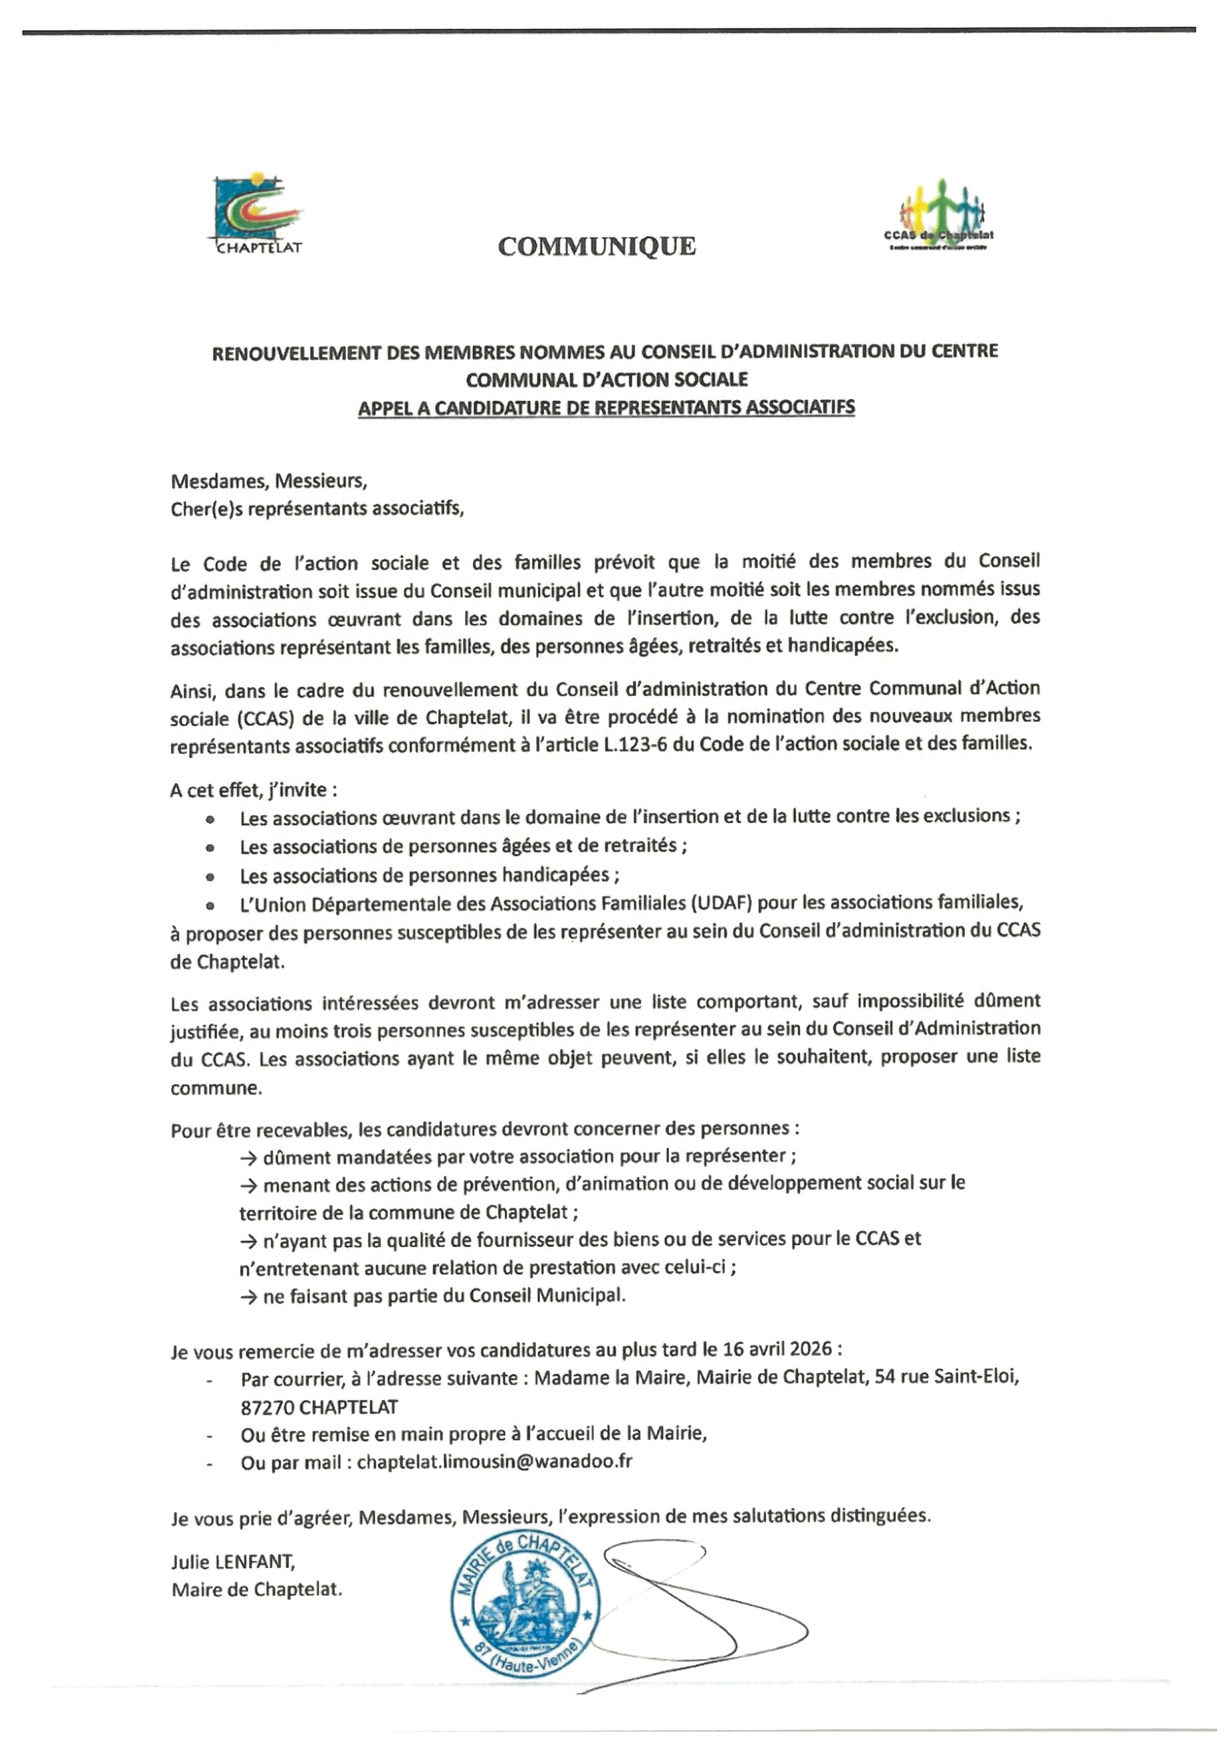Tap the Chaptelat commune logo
tap(257, 215)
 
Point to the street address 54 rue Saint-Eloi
tap(946, 1377)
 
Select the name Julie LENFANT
tap(233, 1561)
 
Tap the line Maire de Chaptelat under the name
tap(257, 1589)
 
